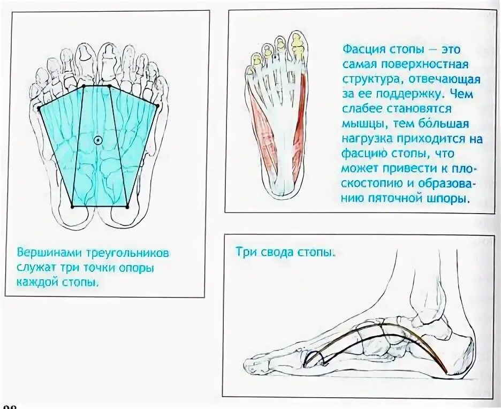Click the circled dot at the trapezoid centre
tap(97, 140)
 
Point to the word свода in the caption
tap(274, 252)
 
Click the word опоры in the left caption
tap(135, 267)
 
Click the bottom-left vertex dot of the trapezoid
tap(73, 206)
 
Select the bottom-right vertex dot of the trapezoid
tap(127, 207)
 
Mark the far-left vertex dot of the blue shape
tap(39, 109)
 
